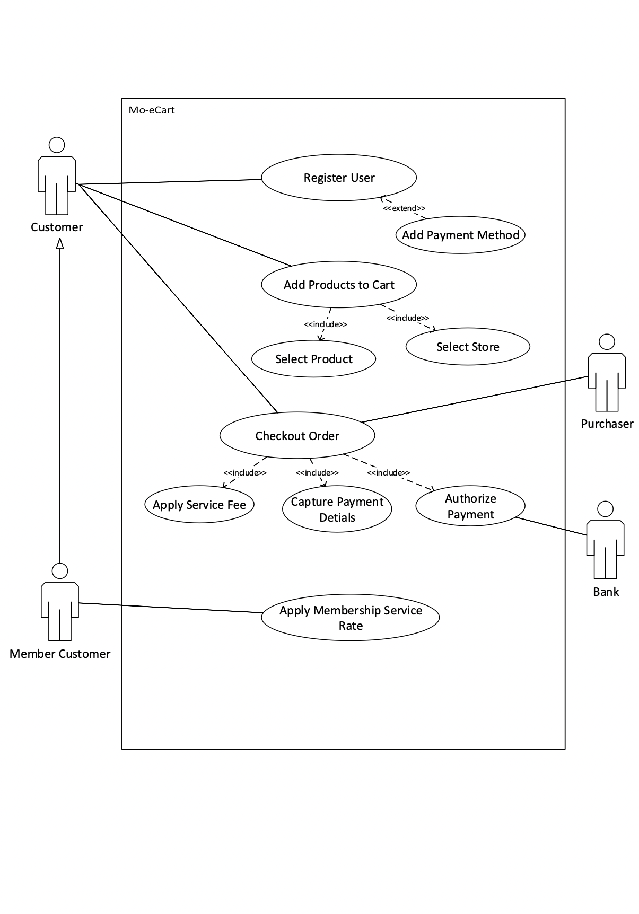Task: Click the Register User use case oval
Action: (339, 178)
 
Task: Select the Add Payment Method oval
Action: (460, 235)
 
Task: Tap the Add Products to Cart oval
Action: (339, 285)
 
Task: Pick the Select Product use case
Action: (313, 359)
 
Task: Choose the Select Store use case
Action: (468, 347)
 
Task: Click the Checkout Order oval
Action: (297, 436)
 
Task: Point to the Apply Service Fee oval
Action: (199, 505)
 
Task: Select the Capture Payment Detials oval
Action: (337, 509)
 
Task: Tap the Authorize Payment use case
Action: (470, 506)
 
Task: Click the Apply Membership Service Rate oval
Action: (351, 618)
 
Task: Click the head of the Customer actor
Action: (57, 145)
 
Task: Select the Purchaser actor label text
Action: (607, 424)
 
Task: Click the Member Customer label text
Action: (60, 654)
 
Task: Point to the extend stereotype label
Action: (404, 208)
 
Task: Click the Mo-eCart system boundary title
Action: (152, 110)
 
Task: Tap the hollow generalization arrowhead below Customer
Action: (60, 243)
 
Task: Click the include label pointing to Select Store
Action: (407, 318)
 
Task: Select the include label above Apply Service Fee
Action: (244, 472)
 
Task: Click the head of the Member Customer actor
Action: (60, 571)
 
